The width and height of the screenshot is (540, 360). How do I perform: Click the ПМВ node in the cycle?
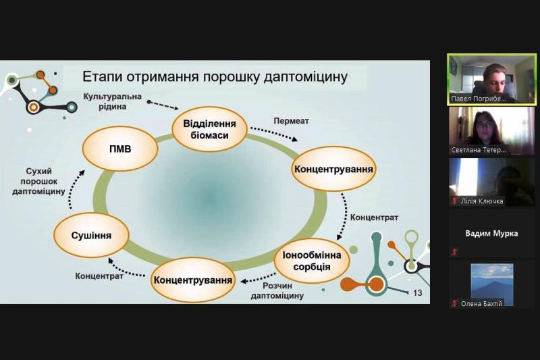pos(120,148)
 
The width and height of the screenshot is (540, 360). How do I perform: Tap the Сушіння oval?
pos(90,236)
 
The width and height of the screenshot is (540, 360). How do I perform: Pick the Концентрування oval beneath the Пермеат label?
pos(333,167)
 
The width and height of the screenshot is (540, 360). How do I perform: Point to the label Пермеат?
pos(291,121)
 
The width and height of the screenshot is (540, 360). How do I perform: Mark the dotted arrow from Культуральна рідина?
pos(162,105)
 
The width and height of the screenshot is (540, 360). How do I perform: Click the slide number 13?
pos(417,292)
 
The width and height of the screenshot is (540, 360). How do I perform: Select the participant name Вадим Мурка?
pos(491,234)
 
